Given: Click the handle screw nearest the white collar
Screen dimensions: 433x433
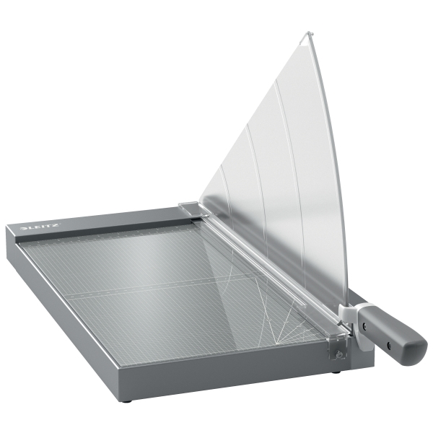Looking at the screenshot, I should click(364, 325).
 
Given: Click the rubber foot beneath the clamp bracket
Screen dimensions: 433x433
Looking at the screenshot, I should click(337, 372).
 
